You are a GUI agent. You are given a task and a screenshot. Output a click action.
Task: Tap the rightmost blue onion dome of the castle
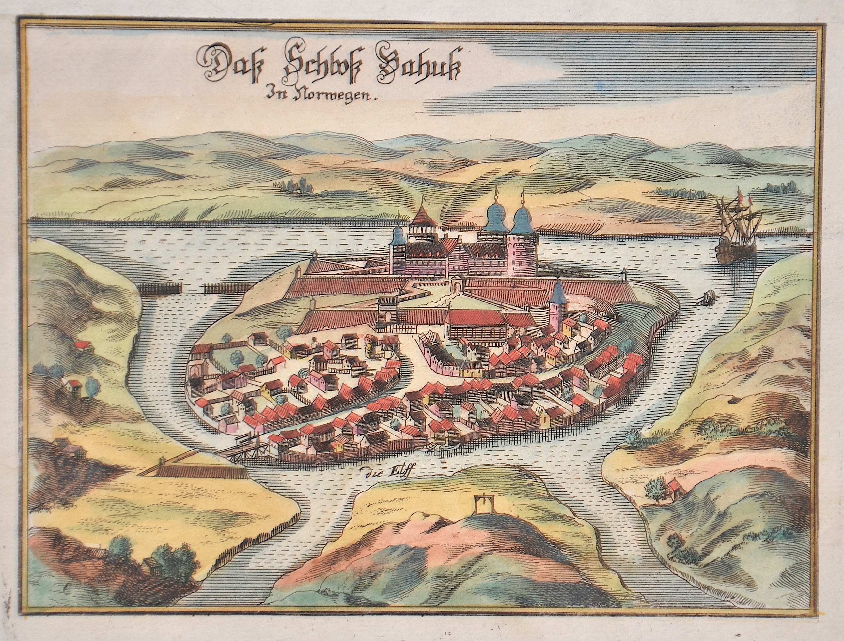[522, 221]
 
